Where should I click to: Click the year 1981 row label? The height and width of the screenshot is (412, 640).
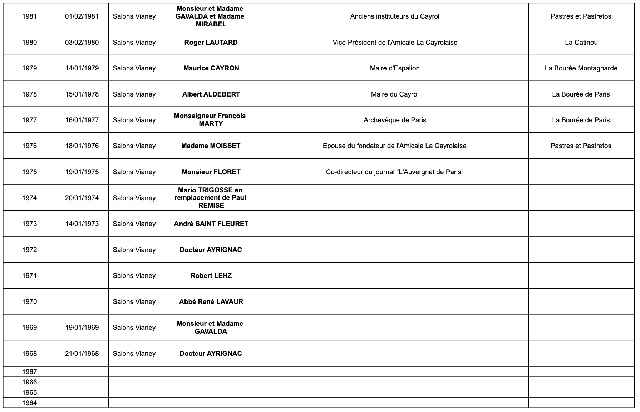point(29,16)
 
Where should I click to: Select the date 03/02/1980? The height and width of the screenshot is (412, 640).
point(82,43)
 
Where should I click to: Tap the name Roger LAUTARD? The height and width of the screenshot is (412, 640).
point(211,43)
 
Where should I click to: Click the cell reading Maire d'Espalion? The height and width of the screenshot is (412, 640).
point(395,68)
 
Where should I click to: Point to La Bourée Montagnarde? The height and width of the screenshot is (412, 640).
point(581,68)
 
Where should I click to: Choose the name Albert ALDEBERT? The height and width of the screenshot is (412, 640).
point(211,94)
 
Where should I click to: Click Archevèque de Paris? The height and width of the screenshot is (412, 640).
point(395,120)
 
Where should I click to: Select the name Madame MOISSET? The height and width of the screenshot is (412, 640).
point(211,146)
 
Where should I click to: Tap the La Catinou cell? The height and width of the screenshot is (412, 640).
point(581,43)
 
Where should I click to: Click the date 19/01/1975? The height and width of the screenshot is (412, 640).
point(82,172)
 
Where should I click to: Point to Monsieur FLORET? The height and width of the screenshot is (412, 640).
point(211,172)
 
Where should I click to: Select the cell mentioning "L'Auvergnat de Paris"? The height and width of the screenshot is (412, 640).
point(395,172)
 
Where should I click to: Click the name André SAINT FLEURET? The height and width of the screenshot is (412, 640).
point(211,224)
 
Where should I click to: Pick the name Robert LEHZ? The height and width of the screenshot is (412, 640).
point(211,276)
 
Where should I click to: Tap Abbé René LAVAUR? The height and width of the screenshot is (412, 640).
point(211,302)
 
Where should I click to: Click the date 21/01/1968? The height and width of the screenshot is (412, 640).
point(82,354)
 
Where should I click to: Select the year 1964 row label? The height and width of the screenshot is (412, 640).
point(29,403)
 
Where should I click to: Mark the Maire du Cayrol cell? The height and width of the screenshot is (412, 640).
point(395,94)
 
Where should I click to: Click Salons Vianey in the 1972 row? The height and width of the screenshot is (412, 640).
point(134,250)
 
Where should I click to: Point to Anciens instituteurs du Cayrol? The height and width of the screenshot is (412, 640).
point(395,16)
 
